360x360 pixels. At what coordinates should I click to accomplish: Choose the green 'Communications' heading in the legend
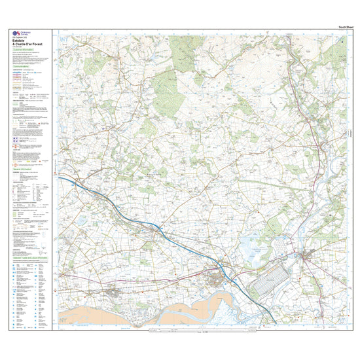tap(24, 67)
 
